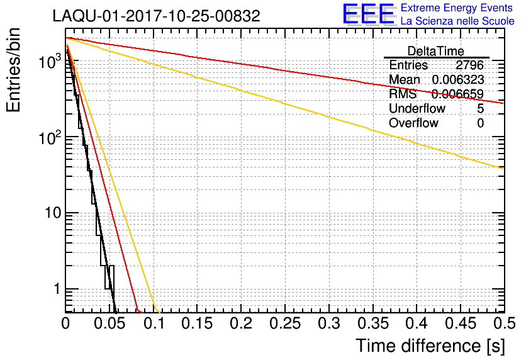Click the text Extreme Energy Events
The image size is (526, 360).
coord(457,8)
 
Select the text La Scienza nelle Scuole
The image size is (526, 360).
coord(457,21)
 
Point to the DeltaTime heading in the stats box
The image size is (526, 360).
coord(436,51)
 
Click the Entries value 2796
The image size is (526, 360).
coord(469,65)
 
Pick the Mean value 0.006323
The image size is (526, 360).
coord(457,80)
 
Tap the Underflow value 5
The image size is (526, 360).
coord(480,109)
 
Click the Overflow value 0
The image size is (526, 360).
coord(480,123)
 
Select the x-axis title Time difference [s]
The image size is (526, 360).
coord(429,345)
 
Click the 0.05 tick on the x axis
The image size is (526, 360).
coord(109,323)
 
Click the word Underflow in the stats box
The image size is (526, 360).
coord(417,109)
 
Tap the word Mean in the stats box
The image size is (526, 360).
coord(405,80)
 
